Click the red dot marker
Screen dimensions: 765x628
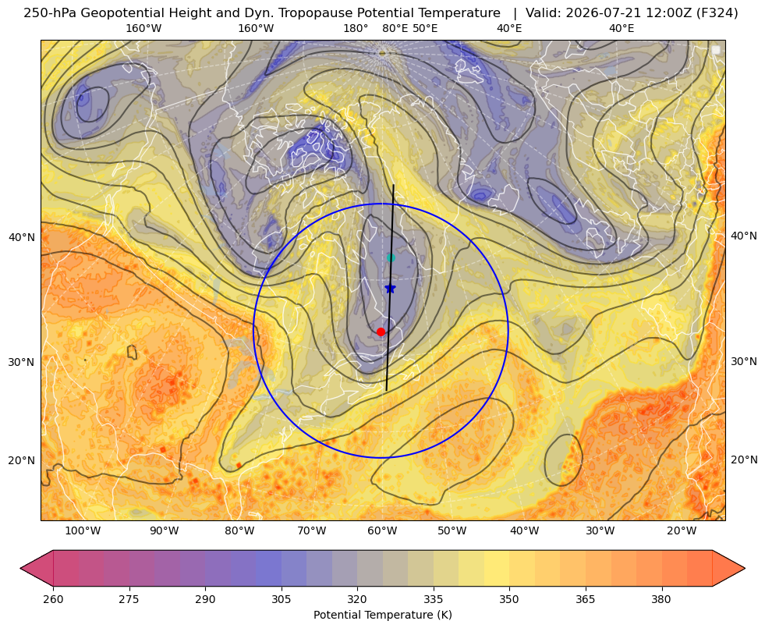[381, 332]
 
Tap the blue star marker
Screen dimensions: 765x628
[390, 289]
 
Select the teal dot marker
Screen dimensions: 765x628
[391, 257]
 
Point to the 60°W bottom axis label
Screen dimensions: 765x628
[381, 531]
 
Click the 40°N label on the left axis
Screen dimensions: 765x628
[22, 238]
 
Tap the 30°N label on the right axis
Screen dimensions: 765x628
[744, 361]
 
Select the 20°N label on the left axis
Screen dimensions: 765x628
[22, 460]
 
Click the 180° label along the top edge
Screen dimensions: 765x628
[356, 28]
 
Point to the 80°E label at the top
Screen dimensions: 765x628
[395, 28]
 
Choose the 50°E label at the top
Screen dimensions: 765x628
[425, 28]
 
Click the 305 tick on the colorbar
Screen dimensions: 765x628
[281, 599]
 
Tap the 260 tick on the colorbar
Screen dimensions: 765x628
[53, 599]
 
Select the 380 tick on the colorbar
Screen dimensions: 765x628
[661, 599]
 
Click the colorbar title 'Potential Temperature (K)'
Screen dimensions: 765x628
[382, 615]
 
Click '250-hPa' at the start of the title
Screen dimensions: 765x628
[49, 13]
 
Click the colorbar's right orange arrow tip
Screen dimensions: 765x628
[745, 568]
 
